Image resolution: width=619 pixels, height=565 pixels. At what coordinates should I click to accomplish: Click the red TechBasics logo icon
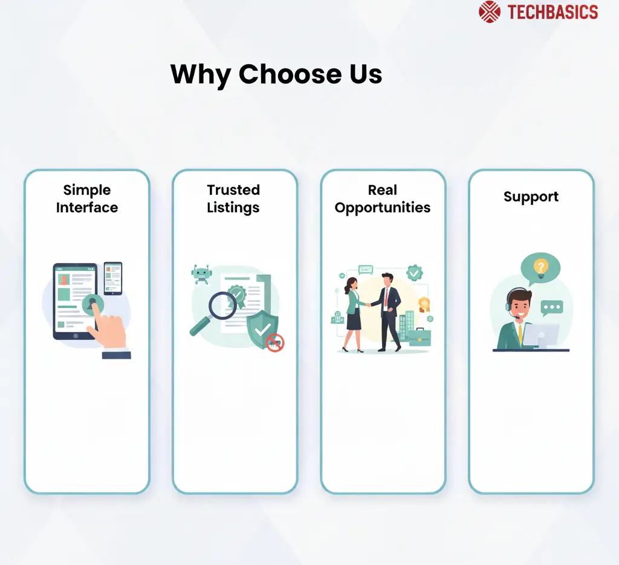tap(490, 12)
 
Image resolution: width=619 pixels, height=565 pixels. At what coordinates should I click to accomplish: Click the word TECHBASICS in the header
tap(553, 12)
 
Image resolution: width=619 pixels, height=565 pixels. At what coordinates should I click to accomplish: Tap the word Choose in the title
tap(290, 74)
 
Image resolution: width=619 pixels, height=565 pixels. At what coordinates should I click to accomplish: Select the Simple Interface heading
tap(87, 199)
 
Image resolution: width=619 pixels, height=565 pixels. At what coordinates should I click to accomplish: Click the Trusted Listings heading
tap(233, 199)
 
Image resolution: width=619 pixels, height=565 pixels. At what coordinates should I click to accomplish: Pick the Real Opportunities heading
tap(383, 199)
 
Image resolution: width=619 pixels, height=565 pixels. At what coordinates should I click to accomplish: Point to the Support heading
tap(531, 197)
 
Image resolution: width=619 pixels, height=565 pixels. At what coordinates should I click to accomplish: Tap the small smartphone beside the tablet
tap(113, 278)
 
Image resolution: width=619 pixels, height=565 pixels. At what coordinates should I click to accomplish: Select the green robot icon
tap(201, 274)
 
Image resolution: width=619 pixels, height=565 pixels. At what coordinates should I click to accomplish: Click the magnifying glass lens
tap(222, 305)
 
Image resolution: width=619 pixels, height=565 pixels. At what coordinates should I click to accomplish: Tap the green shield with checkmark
tap(262, 329)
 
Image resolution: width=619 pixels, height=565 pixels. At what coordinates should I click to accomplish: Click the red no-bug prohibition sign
tap(275, 342)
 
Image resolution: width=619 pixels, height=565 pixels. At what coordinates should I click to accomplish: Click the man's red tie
tap(386, 298)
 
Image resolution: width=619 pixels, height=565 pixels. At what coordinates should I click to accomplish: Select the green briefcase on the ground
tap(420, 337)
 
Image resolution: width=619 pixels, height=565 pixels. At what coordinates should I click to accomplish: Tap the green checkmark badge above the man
tap(415, 273)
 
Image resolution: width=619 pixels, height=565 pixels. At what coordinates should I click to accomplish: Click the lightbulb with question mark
tap(540, 269)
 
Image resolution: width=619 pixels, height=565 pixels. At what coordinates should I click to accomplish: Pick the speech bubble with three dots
tap(551, 308)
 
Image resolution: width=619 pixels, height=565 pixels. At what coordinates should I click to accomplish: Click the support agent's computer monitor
tap(541, 336)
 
